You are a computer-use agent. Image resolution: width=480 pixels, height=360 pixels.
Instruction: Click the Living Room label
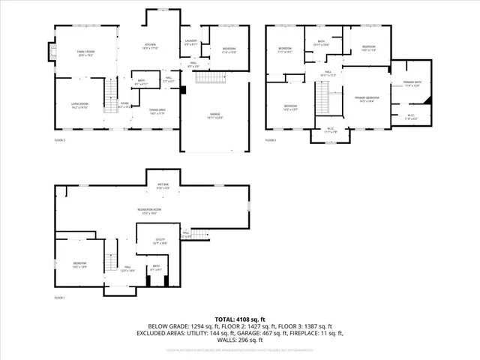coord(79,106)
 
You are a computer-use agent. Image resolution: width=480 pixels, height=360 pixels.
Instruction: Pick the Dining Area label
coord(157,109)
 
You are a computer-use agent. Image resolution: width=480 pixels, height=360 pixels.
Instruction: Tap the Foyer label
coord(125,105)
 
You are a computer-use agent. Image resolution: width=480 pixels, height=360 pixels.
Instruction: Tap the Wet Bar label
coord(163,184)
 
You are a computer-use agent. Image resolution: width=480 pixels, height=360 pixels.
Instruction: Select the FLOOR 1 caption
coord(59,298)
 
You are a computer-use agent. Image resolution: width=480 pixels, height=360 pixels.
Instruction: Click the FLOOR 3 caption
coord(271,139)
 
